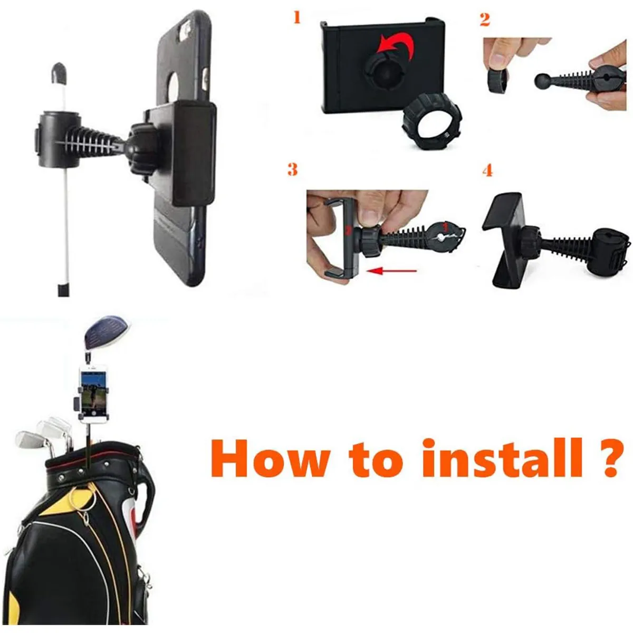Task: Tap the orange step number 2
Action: click(485, 20)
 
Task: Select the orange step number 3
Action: click(292, 169)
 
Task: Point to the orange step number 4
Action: click(487, 170)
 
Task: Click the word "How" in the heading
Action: click(271, 458)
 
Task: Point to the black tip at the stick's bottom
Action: click(63, 290)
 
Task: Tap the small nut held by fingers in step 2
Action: click(497, 82)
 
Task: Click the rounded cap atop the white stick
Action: click(59, 72)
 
